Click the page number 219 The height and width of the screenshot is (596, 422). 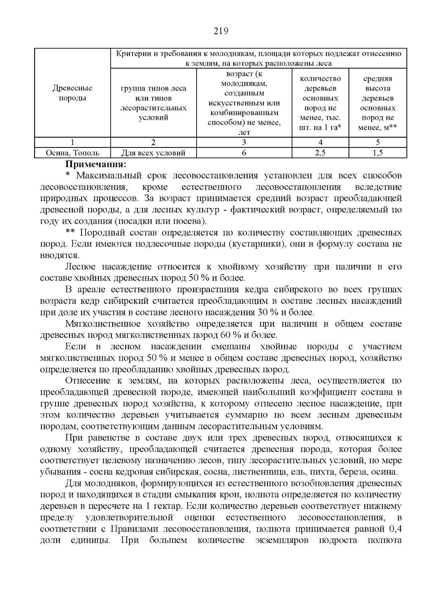pos(221,31)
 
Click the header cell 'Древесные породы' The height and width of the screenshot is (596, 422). pos(72,93)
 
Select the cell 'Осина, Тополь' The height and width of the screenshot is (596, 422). pos(72,153)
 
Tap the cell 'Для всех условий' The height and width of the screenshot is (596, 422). pos(153,153)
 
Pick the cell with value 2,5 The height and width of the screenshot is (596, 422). pos(320,153)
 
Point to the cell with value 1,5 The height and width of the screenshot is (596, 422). pos(377,153)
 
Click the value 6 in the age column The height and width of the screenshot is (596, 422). pos(244,153)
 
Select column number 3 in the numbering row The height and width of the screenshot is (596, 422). pos(244,143)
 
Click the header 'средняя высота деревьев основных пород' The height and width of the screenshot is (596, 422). pos(377,103)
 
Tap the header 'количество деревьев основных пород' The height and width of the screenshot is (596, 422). pos(320,103)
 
